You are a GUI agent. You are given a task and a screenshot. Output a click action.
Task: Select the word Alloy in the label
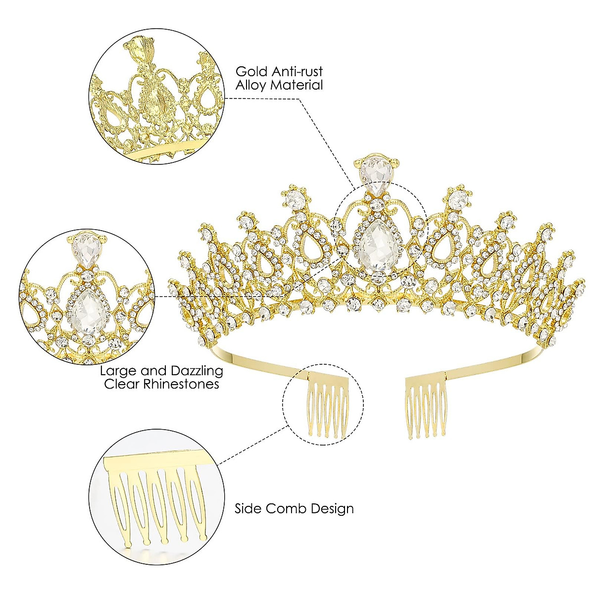[x=251, y=85]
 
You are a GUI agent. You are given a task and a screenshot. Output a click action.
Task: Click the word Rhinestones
[x=180, y=384]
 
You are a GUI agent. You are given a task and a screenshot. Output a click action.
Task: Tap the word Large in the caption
[x=117, y=371]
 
